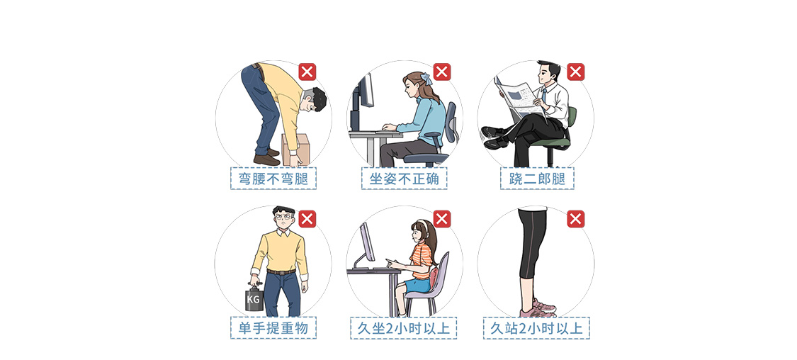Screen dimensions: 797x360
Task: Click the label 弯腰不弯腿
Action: tap(273, 179)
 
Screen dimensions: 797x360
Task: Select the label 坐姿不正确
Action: tap(405, 179)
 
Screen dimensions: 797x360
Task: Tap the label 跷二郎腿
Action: tap(537, 179)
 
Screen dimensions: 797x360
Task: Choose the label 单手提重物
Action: tap(273, 328)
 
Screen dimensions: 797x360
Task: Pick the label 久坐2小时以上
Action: tap(404, 328)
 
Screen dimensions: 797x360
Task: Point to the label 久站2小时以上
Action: tap(537, 328)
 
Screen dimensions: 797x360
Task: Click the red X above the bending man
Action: tap(307, 72)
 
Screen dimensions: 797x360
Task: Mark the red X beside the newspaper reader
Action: tap(575, 72)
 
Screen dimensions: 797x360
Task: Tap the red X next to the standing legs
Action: tap(575, 219)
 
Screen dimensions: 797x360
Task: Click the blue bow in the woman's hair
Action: tap(426, 78)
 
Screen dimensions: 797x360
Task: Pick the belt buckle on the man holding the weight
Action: tap(280, 273)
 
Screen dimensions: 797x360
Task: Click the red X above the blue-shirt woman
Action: tap(441, 72)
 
